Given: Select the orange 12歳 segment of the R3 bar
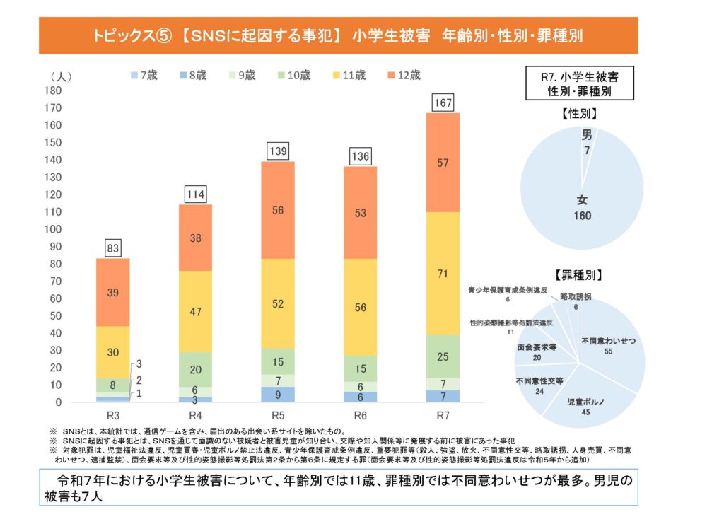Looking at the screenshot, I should pos(113,292).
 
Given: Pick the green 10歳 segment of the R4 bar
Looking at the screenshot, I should pos(195,369).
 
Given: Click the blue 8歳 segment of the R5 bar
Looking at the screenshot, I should pos(278,395).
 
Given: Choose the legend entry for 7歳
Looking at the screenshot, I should pos(147,76).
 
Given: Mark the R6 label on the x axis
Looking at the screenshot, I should pos(361,414).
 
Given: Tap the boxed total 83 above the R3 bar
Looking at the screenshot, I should pos(113,248).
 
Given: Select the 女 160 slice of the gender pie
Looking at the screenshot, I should pos(580,205).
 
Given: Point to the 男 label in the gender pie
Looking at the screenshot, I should pos(587,134).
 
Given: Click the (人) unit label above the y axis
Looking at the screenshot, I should pos(60,76).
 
